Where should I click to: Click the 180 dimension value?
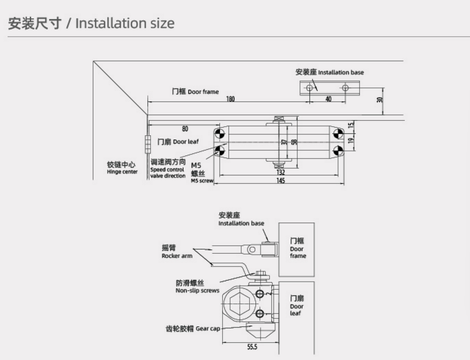click(230, 99)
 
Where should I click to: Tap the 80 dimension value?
click(185, 129)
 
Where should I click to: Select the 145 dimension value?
click(281, 181)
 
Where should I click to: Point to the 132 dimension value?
click(281, 171)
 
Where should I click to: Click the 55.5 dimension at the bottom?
click(252, 347)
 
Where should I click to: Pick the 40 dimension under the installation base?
click(328, 99)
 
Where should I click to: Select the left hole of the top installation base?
click(309, 88)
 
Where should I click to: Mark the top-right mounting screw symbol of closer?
click(338, 134)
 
